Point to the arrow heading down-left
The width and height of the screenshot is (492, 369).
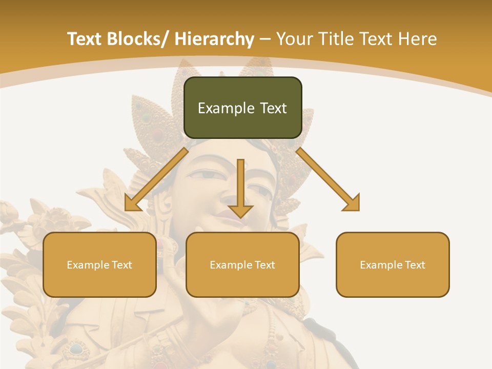(x=156, y=179)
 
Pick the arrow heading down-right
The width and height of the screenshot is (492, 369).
(x=328, y=179)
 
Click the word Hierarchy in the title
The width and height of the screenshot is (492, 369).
(x=214, y=39)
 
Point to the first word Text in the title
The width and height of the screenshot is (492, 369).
(x=85, y=39)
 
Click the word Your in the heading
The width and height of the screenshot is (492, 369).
(x=295, y=39)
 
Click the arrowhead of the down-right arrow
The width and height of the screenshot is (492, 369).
(x=353, y=203)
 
